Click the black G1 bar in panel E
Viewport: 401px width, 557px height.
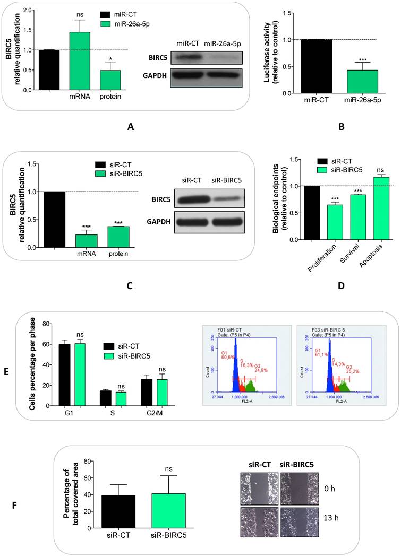point(64,375)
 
